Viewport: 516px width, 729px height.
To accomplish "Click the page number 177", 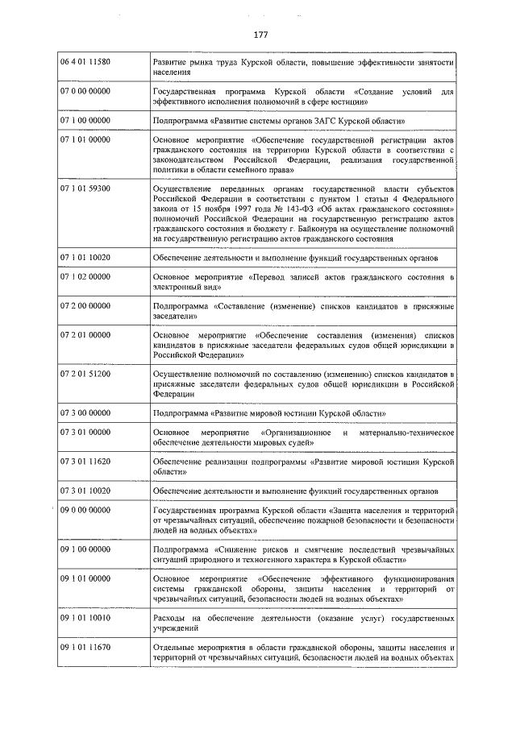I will [x=260, y=35].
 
